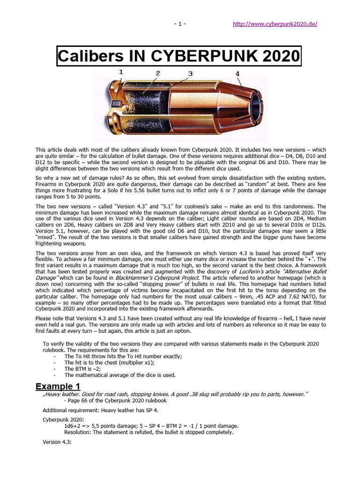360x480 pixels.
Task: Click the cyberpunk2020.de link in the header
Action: click(x=275, y=24)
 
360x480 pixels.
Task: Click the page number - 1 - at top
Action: click(x=180, y=24)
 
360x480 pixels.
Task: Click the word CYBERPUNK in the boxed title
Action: click(x=201, y=57)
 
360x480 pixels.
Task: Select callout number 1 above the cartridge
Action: click(x=121, y=72)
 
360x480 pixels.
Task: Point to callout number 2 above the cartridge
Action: click(x=158, y=73)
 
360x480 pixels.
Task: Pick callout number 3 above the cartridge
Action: click(x=190, y=74)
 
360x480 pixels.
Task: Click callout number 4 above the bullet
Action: click(x=238, y=74)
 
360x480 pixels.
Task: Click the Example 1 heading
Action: click(x=58, y=386)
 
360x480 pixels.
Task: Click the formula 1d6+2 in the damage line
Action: click(x=74, y=426)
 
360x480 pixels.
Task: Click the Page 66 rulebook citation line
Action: click(x=115, y=400)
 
